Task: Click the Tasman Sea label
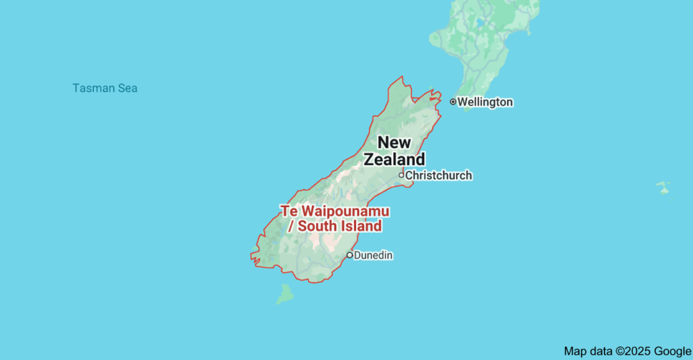coord(105,88)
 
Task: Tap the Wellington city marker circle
coord(453,102)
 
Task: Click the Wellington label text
coord(485,102)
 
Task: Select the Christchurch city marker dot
coord(401,175)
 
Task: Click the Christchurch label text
coord(439,175)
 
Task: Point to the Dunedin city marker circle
coord(349,255)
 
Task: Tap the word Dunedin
coord(374,255)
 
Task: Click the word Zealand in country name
coord(395,160)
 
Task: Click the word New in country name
coord(394,142)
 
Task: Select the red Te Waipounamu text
coord(335,211)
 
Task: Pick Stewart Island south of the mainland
coord(285,294)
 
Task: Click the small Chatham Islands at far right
coord(663,187)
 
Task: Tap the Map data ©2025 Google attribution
coord(627,351)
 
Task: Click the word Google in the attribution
coord(672,351)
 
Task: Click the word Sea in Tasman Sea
coord(127,88)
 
